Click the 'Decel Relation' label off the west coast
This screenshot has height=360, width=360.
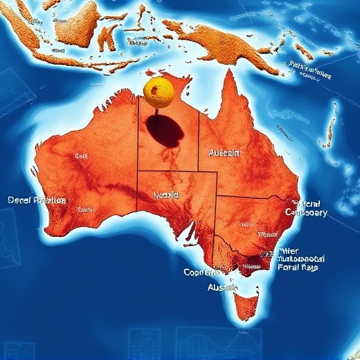(x=37, y=200)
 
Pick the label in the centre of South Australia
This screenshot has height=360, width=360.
(x=166, y=194)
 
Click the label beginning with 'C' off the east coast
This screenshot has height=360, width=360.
(x=307, y=212)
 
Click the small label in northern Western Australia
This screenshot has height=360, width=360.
(x=81, y=155)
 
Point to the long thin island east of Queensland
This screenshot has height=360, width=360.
(x=329, y=127)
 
